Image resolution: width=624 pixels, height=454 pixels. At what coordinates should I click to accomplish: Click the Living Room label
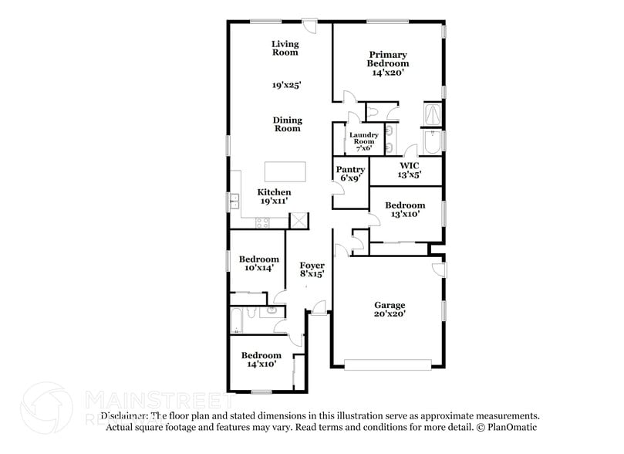pyautogui.click(x=285, y=49)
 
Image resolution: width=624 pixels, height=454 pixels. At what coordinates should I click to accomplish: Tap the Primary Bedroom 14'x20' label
pyautogui.click(x=387, y=63)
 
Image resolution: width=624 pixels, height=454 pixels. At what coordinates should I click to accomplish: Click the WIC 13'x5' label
pyautogui.click(x=408, y=170)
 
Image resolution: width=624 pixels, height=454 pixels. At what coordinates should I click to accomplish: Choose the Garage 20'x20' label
pyautogui.click(x=390, y=310)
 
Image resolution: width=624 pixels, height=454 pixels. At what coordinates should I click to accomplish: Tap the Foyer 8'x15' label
pyautogui.click(x=311, y=269)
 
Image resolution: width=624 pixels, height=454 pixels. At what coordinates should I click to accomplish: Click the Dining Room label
pyautogui.click(x=287, y=124)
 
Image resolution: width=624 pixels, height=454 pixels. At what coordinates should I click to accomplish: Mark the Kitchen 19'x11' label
pyautogui.click(x=274, y=196)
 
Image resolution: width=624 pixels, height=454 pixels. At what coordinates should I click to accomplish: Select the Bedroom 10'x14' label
pyautogui.click(x=258, y=263)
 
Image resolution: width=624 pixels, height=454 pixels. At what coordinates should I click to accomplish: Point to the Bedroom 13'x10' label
pyautogui.click(x=405, y=209)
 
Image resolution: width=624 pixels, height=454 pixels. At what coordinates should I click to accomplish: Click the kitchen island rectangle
pyautogui.click(x=285, y=170)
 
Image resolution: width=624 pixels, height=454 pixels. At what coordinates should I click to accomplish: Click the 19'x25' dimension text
pyautogui.click(x=285, y=86)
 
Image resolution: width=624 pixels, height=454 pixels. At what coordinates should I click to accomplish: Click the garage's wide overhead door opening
pyautogui.click(x=386, y=364)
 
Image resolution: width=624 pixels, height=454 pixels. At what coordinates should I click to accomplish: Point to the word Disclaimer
pyautogui.click(x=123, y=415)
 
